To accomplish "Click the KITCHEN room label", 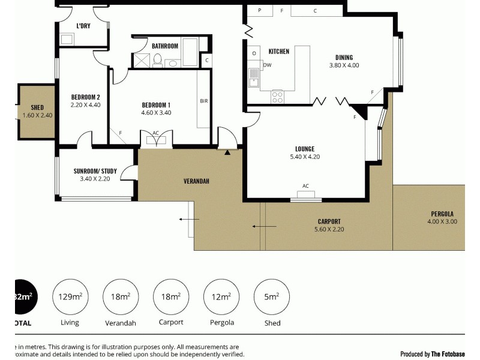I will coord(278,52).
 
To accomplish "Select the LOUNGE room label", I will coord(305,149).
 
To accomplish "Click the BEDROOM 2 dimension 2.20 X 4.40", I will coord(85,105).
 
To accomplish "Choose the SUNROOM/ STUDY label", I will coord(95,171).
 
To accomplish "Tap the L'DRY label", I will coord(83,26).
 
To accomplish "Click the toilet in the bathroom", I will coord(157,60).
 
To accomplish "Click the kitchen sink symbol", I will coord(254,76).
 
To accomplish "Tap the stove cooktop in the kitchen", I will coord(278,96).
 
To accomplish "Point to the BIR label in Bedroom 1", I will coord(203,101).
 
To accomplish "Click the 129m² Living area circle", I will coord(70,296).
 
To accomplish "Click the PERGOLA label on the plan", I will coord(442,214).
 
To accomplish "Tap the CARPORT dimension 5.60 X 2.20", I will coord(329,229).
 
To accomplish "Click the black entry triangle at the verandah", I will coord(227,152).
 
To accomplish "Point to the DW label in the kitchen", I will coord(267,65).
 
